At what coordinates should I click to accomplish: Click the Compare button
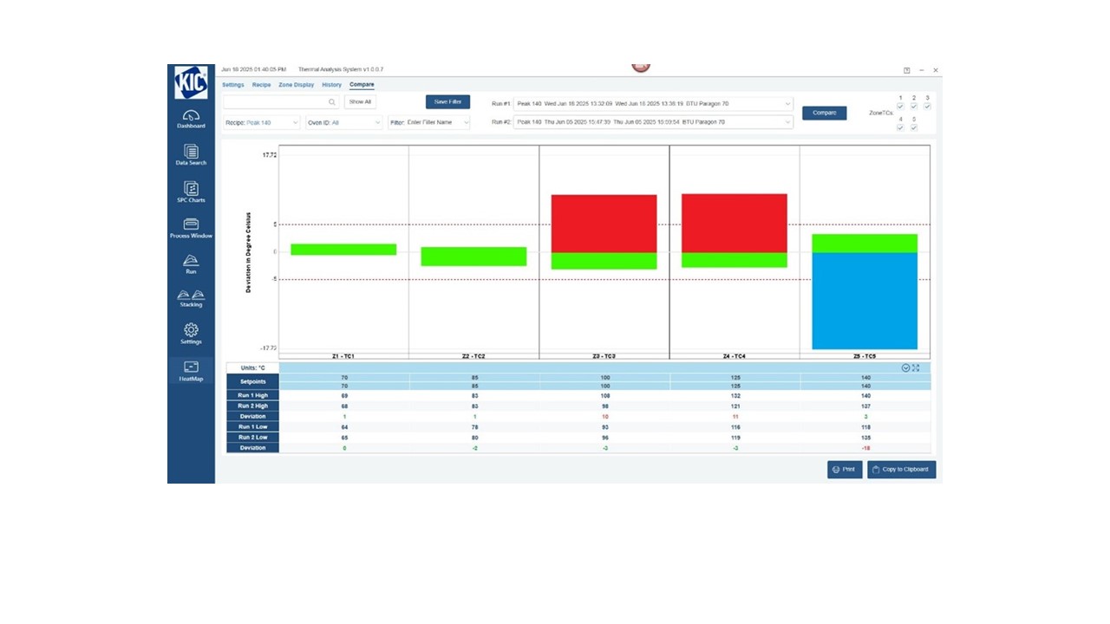click(824, 113)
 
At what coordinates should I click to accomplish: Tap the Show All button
click(360, 101)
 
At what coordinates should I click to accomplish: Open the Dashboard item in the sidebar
click(191, 120)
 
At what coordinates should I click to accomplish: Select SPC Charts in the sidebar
click(191, 192)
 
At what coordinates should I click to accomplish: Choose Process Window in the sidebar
click(191, 229)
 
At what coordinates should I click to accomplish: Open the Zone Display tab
click(296, 85)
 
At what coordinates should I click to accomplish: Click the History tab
click(331, 85)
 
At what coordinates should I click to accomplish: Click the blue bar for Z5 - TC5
click(864, 301)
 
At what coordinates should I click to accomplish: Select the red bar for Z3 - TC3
click(604, 224)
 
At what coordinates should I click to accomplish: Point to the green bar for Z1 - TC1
click(343, 250)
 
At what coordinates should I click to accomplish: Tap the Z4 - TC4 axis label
click(734, 356)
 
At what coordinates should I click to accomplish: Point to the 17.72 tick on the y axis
click(270, 155)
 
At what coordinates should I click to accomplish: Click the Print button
click(844, 469)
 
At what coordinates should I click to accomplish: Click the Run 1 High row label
click(252, 395)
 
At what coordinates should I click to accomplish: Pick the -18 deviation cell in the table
click(865, 448)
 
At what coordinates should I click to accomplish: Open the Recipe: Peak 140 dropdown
click(261, 122)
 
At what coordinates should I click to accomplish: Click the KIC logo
click(191, 82)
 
